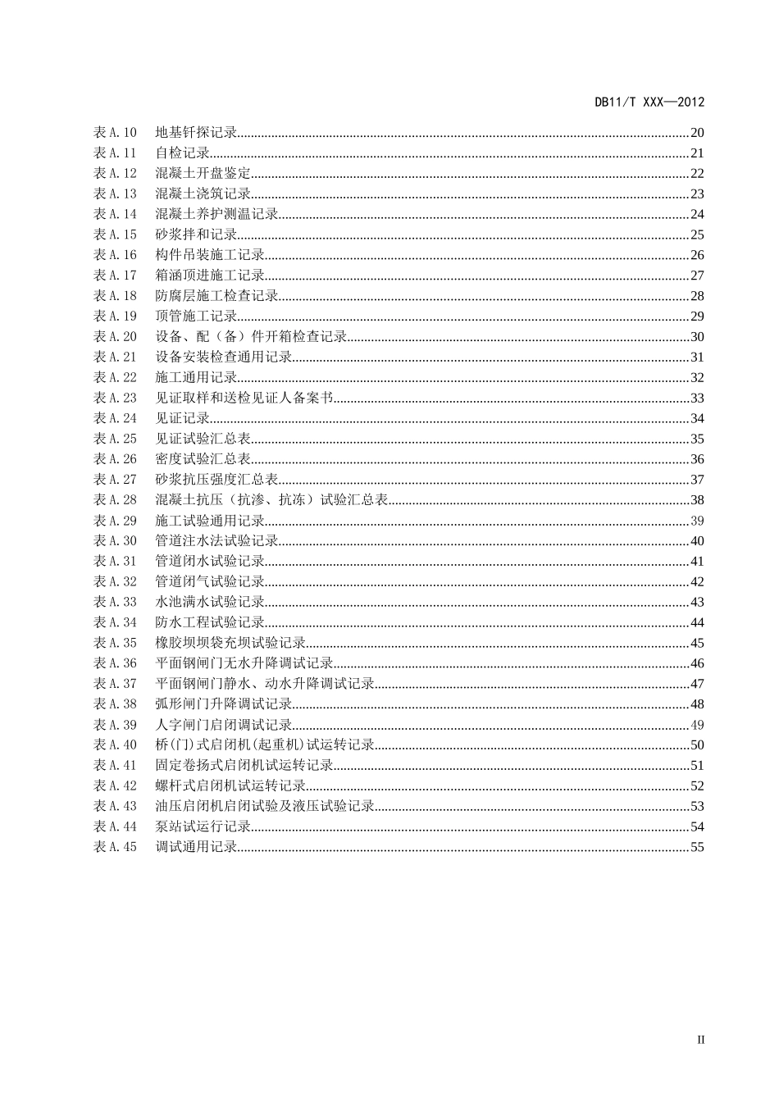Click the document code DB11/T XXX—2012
(649, 102)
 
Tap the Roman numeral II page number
(700, 1040)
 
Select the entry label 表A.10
(115, 132)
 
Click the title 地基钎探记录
(196, 132)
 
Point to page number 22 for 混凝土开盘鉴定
(697, 173)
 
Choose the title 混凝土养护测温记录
(216, 214)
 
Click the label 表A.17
(115, 275)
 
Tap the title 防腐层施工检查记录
(216, 296)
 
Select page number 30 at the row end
(697, 337)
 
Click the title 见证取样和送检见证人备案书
(244, 398)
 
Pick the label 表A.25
(115, 439)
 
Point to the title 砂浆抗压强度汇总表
(216, 480)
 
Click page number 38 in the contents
(697, 500)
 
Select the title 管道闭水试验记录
(210, 562)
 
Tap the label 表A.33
(115, 602)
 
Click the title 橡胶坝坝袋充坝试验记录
(230, 643)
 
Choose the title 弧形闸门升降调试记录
(224, 704)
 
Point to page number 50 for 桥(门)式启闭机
(697, 745)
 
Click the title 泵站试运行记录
(203, 826)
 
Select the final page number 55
(697, 847)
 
